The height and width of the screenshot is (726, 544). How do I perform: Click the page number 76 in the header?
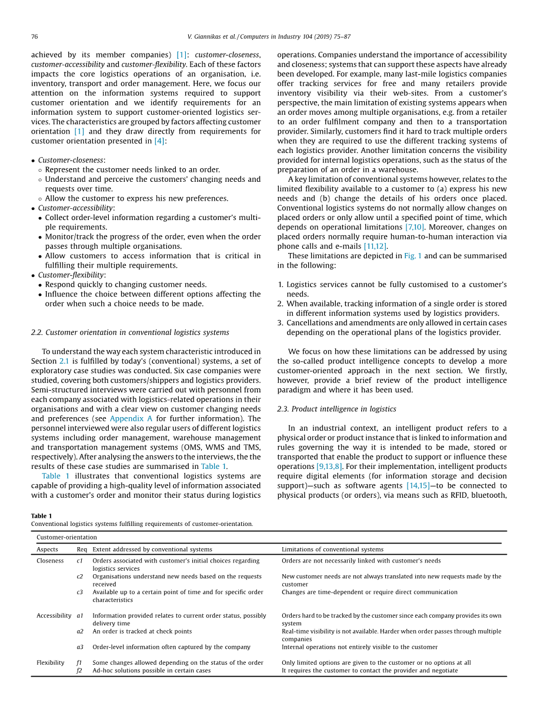click(x=34, y=36)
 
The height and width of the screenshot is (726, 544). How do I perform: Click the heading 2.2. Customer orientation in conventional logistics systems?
click(x=130, y=332)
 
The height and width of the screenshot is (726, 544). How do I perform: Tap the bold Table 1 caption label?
click(x=41, y=516)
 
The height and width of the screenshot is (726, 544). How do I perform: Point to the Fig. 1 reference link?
click(x=412, y=256)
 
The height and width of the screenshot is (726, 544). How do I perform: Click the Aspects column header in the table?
click(x=47, y=550)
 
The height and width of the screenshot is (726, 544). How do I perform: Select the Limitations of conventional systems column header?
click(x=332, y=550)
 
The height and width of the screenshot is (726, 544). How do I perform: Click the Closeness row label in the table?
click(x=50, y=561)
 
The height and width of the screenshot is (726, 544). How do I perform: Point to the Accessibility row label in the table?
click(x=54, y=615)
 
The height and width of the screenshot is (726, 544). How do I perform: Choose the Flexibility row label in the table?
click(x=51, y=662)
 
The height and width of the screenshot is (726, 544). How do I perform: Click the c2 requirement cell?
click(x=80, y=577)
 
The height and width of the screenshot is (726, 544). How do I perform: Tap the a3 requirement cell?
click(x=80, y=647)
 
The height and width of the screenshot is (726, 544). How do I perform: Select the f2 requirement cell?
click(x=79, y=670)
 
